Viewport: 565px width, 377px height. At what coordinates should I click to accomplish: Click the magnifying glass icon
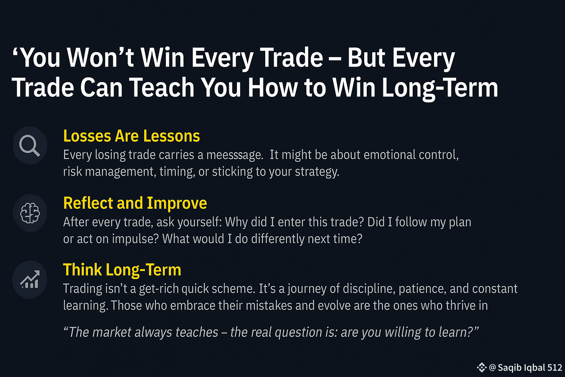click(29, 145)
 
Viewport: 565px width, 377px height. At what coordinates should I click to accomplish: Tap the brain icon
click(30, 213)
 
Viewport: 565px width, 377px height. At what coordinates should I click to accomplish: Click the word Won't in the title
click(100, 57)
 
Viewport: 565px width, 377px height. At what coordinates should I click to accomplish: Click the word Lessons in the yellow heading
click(171, 136)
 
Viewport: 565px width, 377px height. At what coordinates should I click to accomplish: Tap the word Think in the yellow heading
click(82, 270)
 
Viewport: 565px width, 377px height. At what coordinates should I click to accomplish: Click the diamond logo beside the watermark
click(482, 367)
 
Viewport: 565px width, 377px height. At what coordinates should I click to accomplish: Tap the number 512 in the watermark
click(555, 368)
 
